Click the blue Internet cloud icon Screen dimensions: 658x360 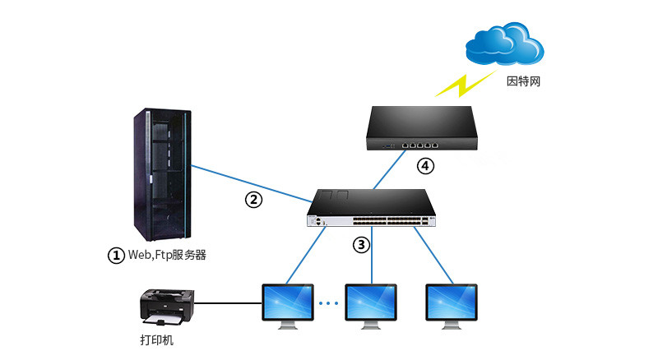504,44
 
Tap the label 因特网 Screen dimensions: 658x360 523,81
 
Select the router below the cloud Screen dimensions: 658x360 422,128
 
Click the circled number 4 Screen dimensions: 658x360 425,166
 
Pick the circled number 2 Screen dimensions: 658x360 253,200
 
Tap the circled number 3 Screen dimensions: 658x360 361,244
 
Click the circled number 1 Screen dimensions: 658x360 116,256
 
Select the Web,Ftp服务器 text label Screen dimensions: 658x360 167,255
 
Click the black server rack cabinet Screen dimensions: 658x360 162,174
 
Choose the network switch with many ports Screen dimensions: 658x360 372,208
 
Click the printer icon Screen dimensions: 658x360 167,307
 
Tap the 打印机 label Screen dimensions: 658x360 156,339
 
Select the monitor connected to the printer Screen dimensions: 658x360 288,307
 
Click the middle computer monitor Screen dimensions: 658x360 371,307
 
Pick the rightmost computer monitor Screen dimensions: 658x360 452,307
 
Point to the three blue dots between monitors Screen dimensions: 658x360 328,303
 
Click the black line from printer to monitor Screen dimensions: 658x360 229,303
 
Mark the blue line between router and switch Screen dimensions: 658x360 389,169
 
